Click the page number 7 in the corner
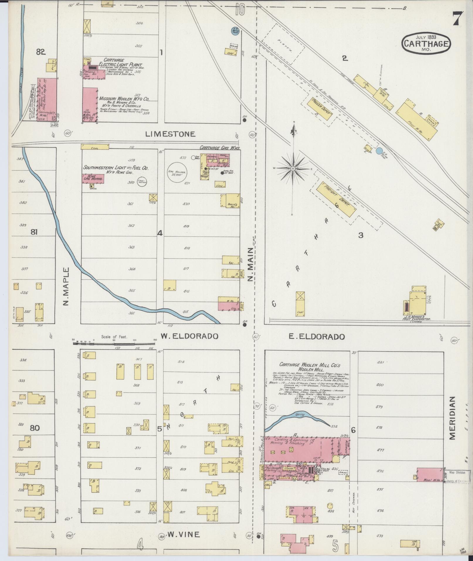click(x=457, y=19)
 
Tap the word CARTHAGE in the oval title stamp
click(x=426, y=44)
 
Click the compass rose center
click(x=293, y=169)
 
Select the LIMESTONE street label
click(x=170, y=134)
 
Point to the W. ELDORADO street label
click(x=189, y=336)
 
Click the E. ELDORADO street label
click(x=316, y=337)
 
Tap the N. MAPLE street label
click(x=66, y=286)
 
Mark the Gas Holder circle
click(x=177, y=172)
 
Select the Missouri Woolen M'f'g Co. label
click(x=124, y=99)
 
